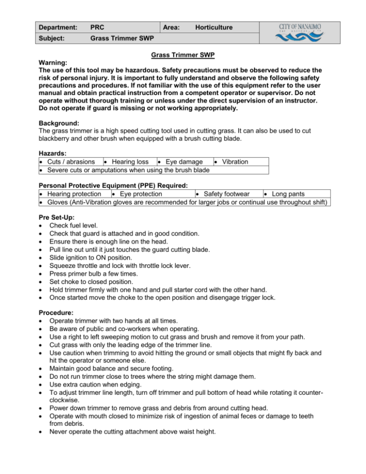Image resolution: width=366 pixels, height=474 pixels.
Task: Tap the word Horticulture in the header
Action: click(x=214, y=28)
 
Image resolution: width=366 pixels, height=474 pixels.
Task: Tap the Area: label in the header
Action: click(x=171, y=28)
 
